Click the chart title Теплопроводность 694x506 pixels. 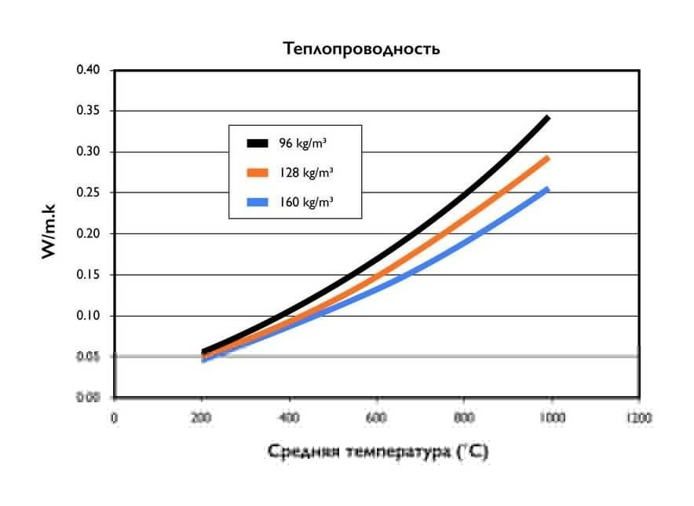(x=361, y=49)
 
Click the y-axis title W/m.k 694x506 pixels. (x=48, y=233)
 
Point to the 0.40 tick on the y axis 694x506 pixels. (x=88, y=70)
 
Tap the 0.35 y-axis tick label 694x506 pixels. (x=88, y=111)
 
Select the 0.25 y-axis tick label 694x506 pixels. (x=88, y=192)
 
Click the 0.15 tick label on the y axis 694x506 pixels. (x=88, y=275)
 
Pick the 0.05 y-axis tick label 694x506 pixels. (x=88, y=357)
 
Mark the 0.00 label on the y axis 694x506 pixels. (x=88, y=398)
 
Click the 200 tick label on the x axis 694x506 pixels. (x=202, y=417)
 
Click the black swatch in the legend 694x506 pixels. (x=258, y=143)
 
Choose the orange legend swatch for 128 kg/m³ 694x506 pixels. (x=258, y=172)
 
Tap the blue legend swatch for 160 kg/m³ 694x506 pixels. (x=258, y=201)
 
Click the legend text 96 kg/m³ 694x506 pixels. (x=301, y=143)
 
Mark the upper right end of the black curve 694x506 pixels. (x=547, y=118)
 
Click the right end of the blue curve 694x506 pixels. (x=546, y=189)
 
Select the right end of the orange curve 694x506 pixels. (x=546, y=159)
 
